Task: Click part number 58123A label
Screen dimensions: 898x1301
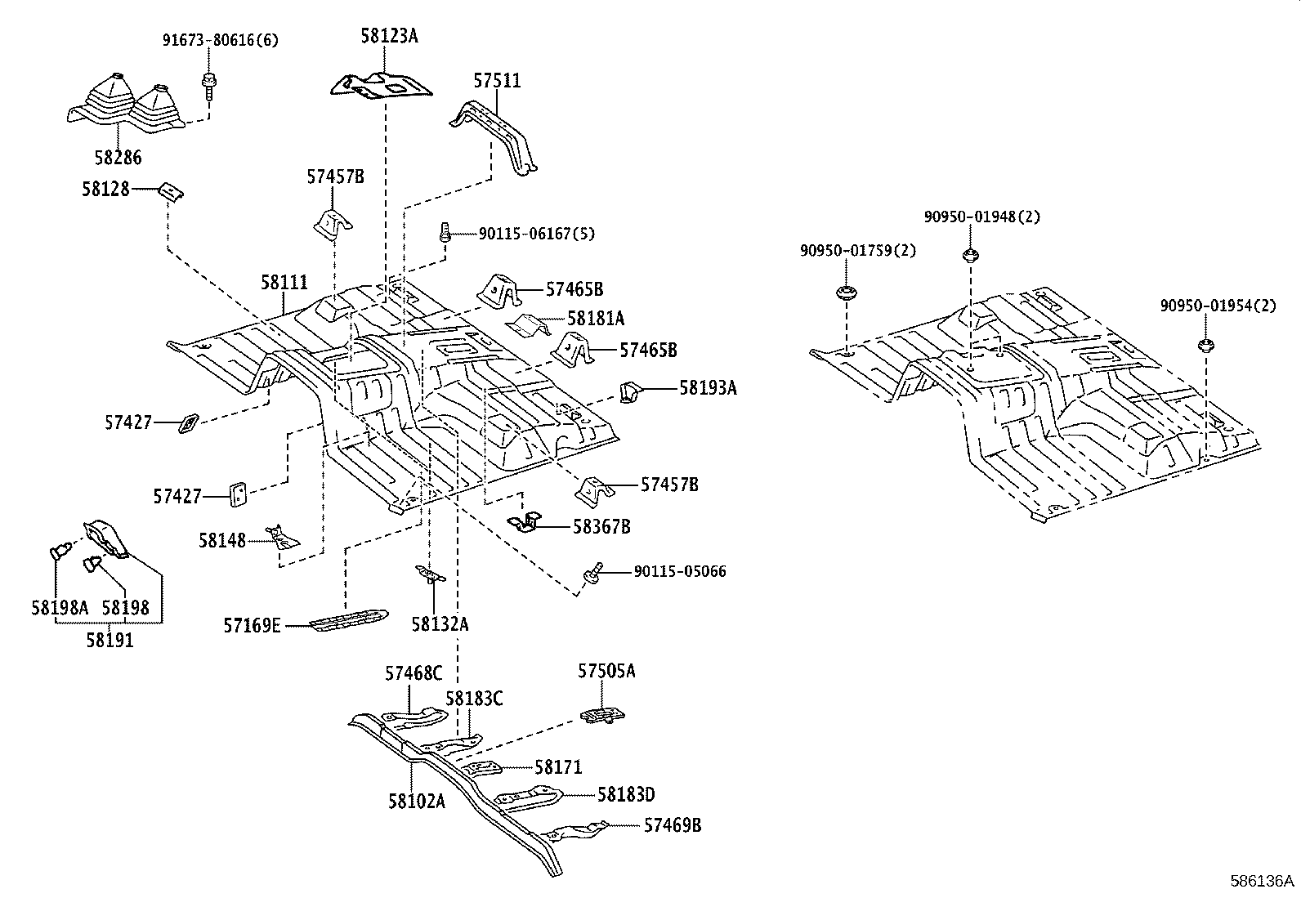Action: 389,36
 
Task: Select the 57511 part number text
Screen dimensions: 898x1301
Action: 497,80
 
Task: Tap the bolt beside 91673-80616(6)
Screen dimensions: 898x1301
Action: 208,84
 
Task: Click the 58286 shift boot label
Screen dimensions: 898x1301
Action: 116,157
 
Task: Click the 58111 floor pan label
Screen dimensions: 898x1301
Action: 284,283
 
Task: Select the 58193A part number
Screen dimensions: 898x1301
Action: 708,388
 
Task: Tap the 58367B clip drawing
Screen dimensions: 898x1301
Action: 528,520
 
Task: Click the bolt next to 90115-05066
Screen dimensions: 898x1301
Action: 595,572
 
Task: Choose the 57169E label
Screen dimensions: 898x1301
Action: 252,626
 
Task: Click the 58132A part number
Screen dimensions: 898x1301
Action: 440,624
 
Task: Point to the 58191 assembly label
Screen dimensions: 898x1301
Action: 110,640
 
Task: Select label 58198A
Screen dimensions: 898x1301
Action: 60,607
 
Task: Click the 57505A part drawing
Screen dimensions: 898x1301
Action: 603,716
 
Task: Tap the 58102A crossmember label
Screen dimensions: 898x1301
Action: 417,801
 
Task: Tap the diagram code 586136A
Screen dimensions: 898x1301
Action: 1263,881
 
